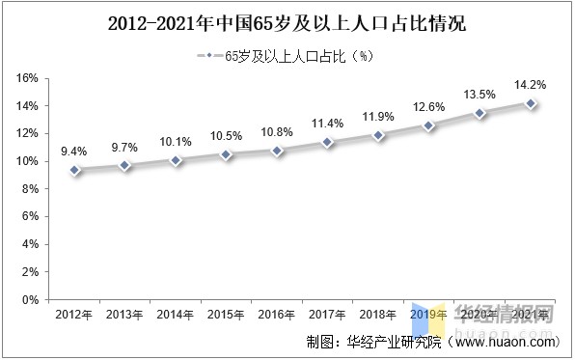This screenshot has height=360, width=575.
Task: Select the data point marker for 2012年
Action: [x=75, y=170]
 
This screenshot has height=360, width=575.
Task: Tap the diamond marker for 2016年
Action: [x=278, y=151]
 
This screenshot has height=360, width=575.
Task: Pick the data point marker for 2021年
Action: [x=531, y=103]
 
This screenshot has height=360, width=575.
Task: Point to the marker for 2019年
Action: [x=429, y=125]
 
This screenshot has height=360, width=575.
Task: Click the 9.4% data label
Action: [x=74, y=151]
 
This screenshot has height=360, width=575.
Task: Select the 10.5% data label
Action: [x=227, y=135]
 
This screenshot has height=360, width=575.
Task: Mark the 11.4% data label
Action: [x=328, y=123]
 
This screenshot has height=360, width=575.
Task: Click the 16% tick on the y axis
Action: [x=27, y=78]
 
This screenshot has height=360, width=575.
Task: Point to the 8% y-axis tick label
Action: [x=30, y=189]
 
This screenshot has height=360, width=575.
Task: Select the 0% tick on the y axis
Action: [x=30, y=300]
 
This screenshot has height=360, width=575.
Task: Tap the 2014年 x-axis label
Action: [x=176, y=315]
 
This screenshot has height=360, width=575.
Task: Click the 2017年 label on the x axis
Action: [x=328, y=315]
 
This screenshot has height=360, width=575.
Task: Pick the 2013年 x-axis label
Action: [x=125, y=315]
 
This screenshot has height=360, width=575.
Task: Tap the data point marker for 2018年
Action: [x=379, y=135]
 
